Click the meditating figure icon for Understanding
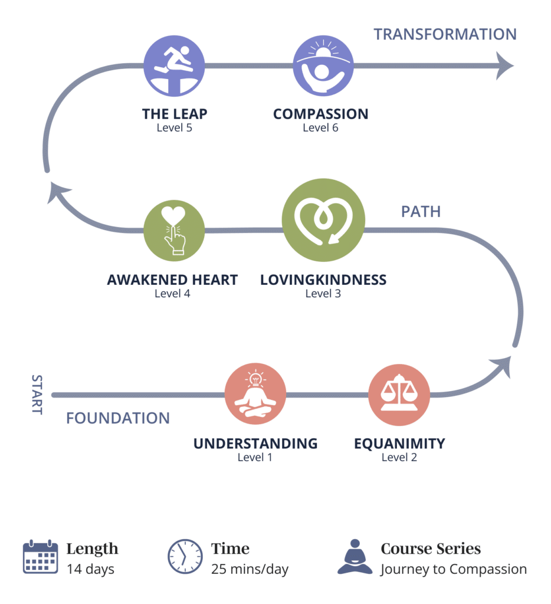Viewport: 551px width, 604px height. point(255,394)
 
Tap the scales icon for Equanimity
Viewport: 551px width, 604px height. point(399,394)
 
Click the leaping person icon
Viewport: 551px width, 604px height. point(174,65)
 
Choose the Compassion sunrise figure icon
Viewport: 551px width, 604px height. point(323,65)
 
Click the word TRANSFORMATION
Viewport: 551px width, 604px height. point(445,34)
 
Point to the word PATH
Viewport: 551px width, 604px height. point(421,211)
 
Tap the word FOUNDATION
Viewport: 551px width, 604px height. point(118,418)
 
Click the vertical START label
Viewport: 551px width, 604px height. point(37,394)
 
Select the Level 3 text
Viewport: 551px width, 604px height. point(323,293)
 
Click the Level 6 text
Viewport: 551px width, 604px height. point(320,127)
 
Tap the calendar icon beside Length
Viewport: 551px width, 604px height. point(40,557)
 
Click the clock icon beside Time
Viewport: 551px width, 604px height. point(185,557)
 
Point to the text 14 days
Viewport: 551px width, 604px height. point(90,569)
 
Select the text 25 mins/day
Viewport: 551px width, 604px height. point(250,569)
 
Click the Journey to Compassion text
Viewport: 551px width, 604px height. point(453,569)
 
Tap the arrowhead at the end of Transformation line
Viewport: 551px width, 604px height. point(504,65)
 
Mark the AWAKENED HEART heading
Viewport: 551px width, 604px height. point(172,280)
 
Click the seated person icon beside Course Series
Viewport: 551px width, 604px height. point(355,557)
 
